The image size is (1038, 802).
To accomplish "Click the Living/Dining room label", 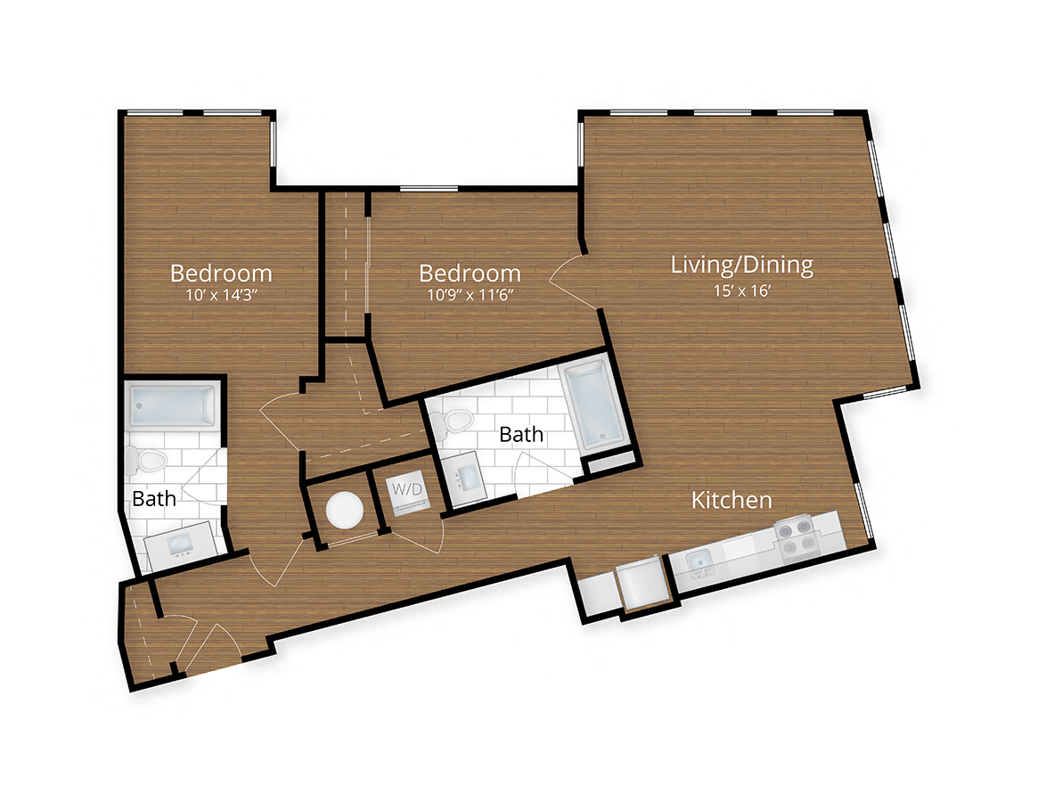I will (x=741, y=265).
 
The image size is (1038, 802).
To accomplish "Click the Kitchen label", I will (x=732, y=501).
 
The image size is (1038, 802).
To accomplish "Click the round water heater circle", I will (x=344, y=511).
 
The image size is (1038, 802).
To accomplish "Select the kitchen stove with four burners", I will (x=797, y=539).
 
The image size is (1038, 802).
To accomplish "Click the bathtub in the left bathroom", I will (x=173, y=406).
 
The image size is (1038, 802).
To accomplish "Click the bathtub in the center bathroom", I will (x=592, y=405).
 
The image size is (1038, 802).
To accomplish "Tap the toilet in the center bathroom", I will (x=457, y=421).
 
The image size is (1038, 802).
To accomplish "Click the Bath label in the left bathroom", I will (x=154, y=499).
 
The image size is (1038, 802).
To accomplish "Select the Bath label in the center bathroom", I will (x=520, y=435).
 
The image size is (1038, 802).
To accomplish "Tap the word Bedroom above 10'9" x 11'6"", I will (x=470, y=273).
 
